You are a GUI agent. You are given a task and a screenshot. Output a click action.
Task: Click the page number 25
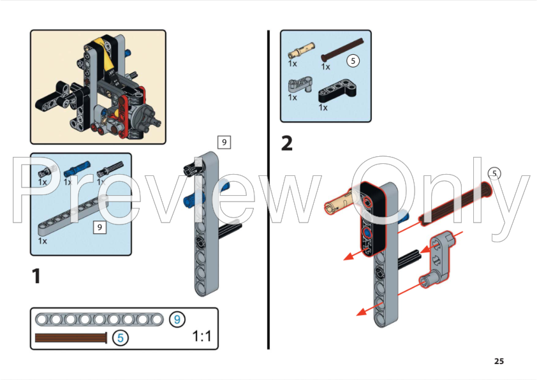point(499,362)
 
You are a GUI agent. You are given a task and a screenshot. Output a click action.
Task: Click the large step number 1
point(37,276)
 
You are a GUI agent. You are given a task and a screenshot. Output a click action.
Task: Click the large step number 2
point(287,143)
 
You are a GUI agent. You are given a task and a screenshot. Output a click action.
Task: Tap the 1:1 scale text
point(202,336)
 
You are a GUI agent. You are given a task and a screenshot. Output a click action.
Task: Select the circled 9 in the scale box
point(177,319)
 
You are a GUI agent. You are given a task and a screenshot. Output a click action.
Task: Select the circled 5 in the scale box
point(119,338)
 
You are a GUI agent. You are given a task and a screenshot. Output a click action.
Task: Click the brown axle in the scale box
point(70,338)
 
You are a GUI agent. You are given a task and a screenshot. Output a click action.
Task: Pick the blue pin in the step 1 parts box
point(76,168)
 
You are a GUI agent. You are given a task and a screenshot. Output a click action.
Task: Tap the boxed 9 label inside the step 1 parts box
point(98,226)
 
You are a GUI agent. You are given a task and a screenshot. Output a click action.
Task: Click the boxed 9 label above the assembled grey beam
point(223,142)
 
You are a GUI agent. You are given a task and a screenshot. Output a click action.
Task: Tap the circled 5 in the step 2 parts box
point(353,61)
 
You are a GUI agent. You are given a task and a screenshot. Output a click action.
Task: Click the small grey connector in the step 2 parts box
point(296,84)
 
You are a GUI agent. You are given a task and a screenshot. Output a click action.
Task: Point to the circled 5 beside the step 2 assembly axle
point(494,173)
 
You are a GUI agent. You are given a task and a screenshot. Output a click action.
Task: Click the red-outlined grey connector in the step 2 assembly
point(437,261)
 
